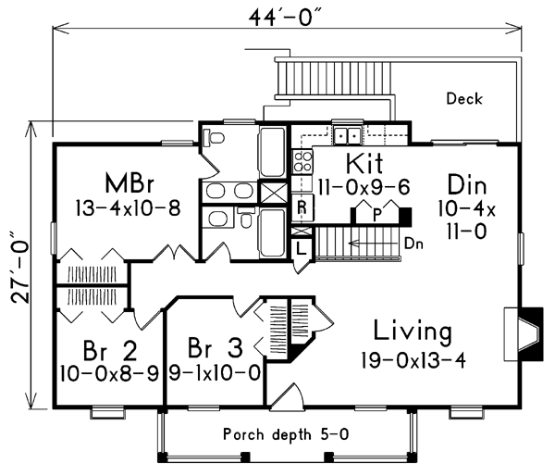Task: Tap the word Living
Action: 413,331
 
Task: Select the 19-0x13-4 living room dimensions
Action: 413,359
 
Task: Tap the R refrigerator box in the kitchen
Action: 302,207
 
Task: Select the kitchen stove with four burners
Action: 302,163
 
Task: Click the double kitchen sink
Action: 349,136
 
